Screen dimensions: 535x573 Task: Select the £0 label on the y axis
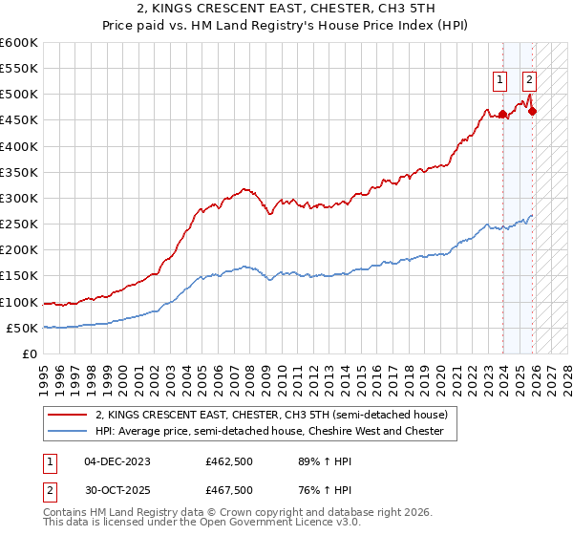[30, 354]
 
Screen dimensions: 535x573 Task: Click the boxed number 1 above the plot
[499, 81]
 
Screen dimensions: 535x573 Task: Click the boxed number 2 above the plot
[529, 81]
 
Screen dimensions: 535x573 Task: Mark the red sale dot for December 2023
[502, 114]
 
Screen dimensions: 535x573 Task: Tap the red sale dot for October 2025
[532, 111]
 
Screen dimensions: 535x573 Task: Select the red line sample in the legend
[68, 415]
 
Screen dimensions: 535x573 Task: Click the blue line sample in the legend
[68, 431]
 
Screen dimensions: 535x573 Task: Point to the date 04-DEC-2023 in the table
[117, 460]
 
